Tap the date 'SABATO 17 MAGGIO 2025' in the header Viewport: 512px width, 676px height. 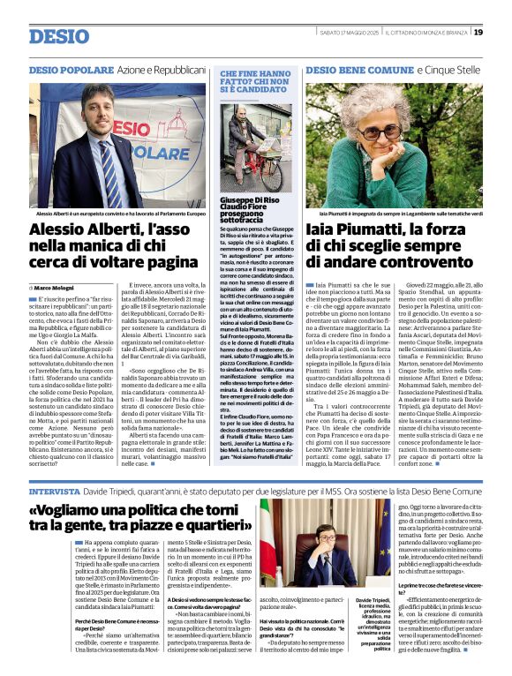click(356, 33)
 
